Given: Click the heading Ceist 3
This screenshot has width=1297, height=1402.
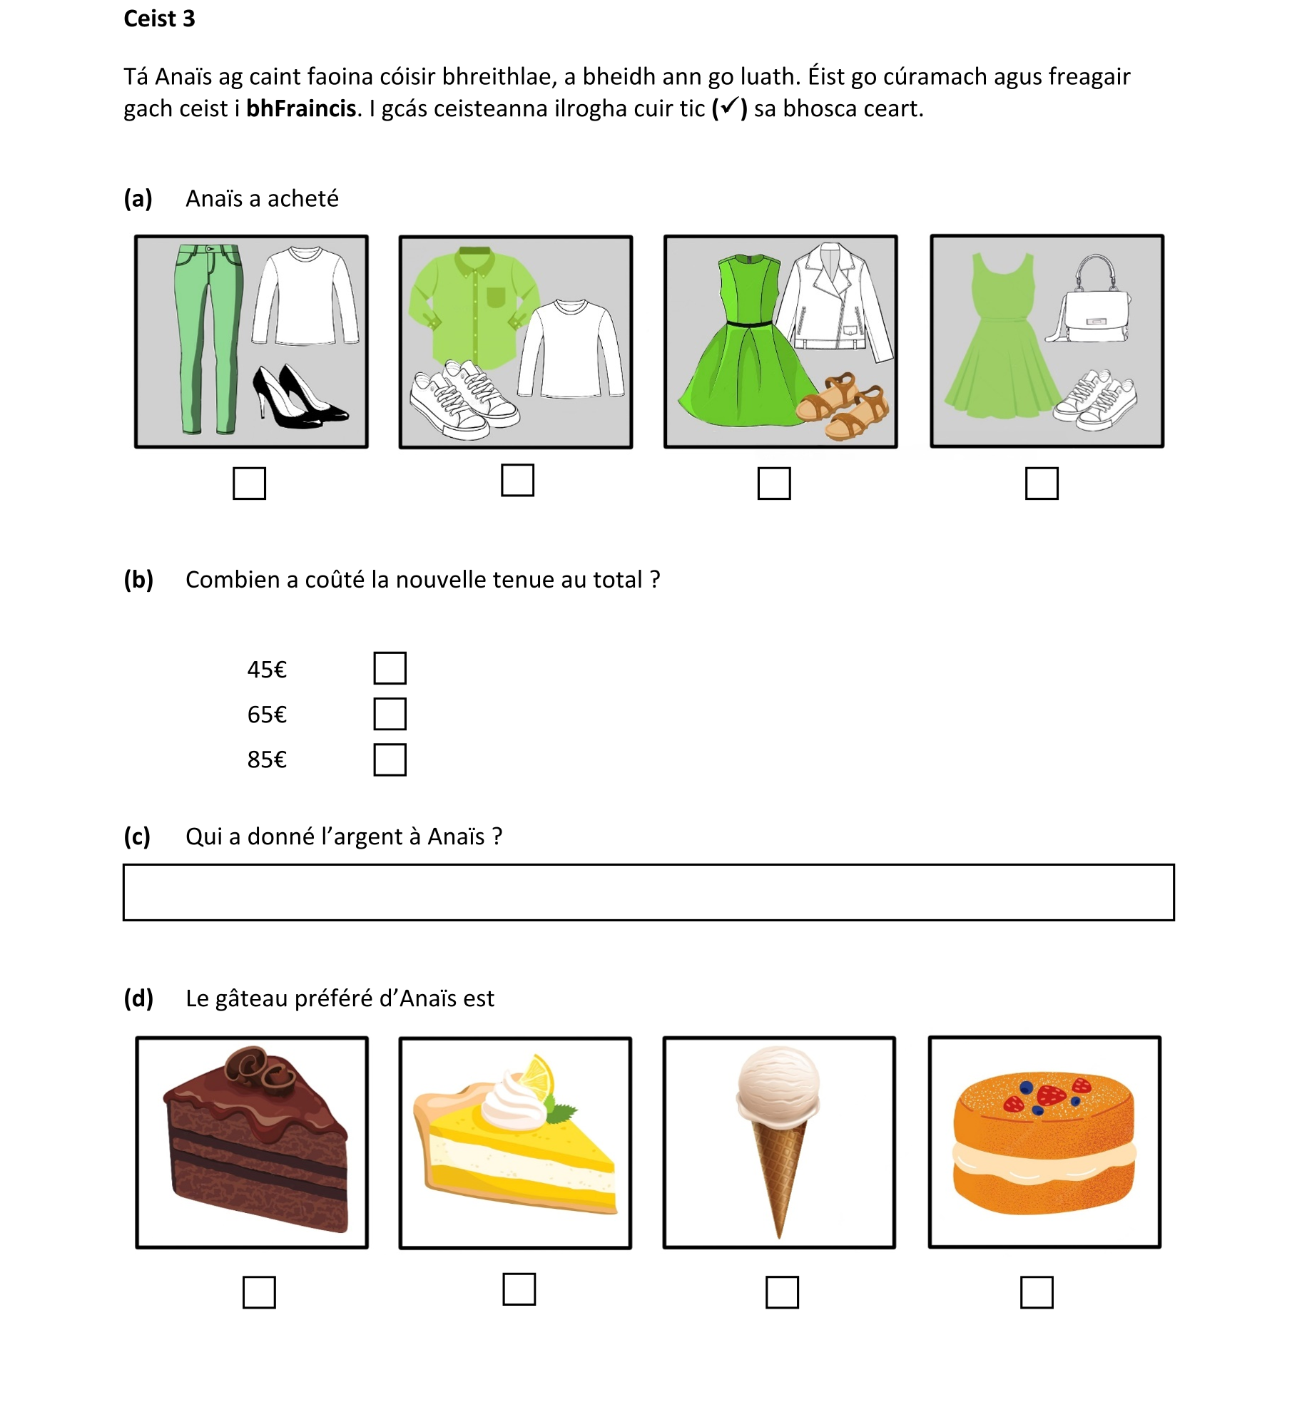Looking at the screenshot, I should click(158, 19).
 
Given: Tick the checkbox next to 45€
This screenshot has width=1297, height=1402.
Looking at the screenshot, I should click(390, 668).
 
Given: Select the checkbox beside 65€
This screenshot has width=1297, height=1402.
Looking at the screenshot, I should click(390, 714).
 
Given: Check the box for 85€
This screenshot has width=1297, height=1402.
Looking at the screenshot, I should click(390, 759).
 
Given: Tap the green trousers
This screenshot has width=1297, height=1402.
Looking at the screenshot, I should click(207, 335).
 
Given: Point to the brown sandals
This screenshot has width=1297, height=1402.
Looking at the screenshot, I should click(845, 406).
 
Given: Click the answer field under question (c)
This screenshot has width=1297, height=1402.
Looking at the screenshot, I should click(648, 892).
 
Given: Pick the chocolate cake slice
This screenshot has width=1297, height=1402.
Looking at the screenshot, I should click(253, 1141).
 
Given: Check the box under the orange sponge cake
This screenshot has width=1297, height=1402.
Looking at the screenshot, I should click(1036, 1292).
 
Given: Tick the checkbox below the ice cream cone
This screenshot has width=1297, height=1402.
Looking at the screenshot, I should click(781, 1292).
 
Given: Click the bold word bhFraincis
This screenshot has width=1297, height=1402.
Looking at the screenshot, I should click(300, 108).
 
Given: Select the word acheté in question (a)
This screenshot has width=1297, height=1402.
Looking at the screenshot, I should click(302, 198).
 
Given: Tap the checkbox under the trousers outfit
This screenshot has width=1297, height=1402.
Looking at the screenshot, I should click(249, 483).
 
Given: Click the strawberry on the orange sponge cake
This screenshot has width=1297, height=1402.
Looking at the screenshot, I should click(1050, 1095).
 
